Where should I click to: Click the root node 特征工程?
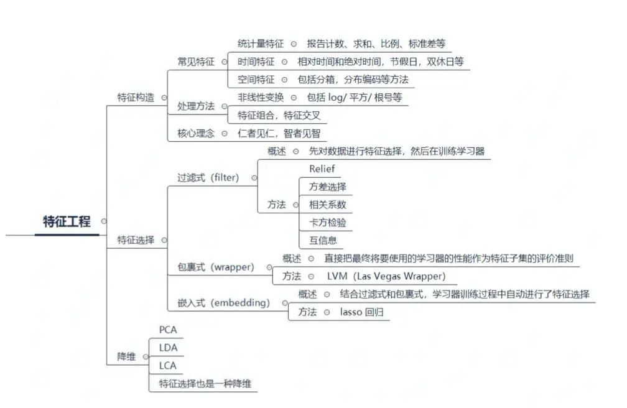click(67, 221)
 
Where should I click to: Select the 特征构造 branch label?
click(136, 98)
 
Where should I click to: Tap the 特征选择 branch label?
click(136, 239)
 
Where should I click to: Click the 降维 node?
click(126, 357)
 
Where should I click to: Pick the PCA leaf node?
click(168, 330)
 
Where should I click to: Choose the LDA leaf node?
click(168, 348)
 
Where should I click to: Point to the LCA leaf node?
click(168, 366)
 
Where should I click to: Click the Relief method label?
click(322, 169)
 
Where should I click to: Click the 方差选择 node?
click(327, 187)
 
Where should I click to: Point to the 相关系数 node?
click(327, 204)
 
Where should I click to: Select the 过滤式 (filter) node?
click(208, 178)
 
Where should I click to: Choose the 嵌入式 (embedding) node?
click(224, 303)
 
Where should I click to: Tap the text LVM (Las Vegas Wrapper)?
click(386, 276)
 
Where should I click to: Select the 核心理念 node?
click(195, 133)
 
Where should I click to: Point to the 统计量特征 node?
click(260, 44)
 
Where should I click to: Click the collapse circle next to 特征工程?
click(103, 221)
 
